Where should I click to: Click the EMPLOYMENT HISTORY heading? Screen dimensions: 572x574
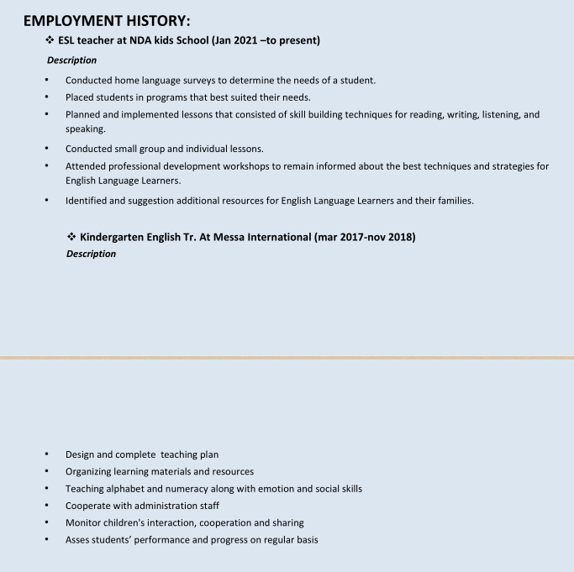tap(107, 21)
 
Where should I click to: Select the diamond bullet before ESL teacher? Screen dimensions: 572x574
tap(50, 40)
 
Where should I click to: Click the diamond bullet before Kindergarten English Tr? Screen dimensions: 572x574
tap(71, 237)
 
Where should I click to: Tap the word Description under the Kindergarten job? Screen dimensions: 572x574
tap(91, 254)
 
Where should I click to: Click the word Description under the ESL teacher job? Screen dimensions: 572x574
tap(71, 60)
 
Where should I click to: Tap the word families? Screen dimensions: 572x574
tap(452, 201)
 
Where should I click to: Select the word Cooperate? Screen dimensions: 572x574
tap(90, 505)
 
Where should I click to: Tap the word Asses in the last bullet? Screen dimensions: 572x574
tap(79, 539)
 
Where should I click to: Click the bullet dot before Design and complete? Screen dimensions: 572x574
tap(46, 454)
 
